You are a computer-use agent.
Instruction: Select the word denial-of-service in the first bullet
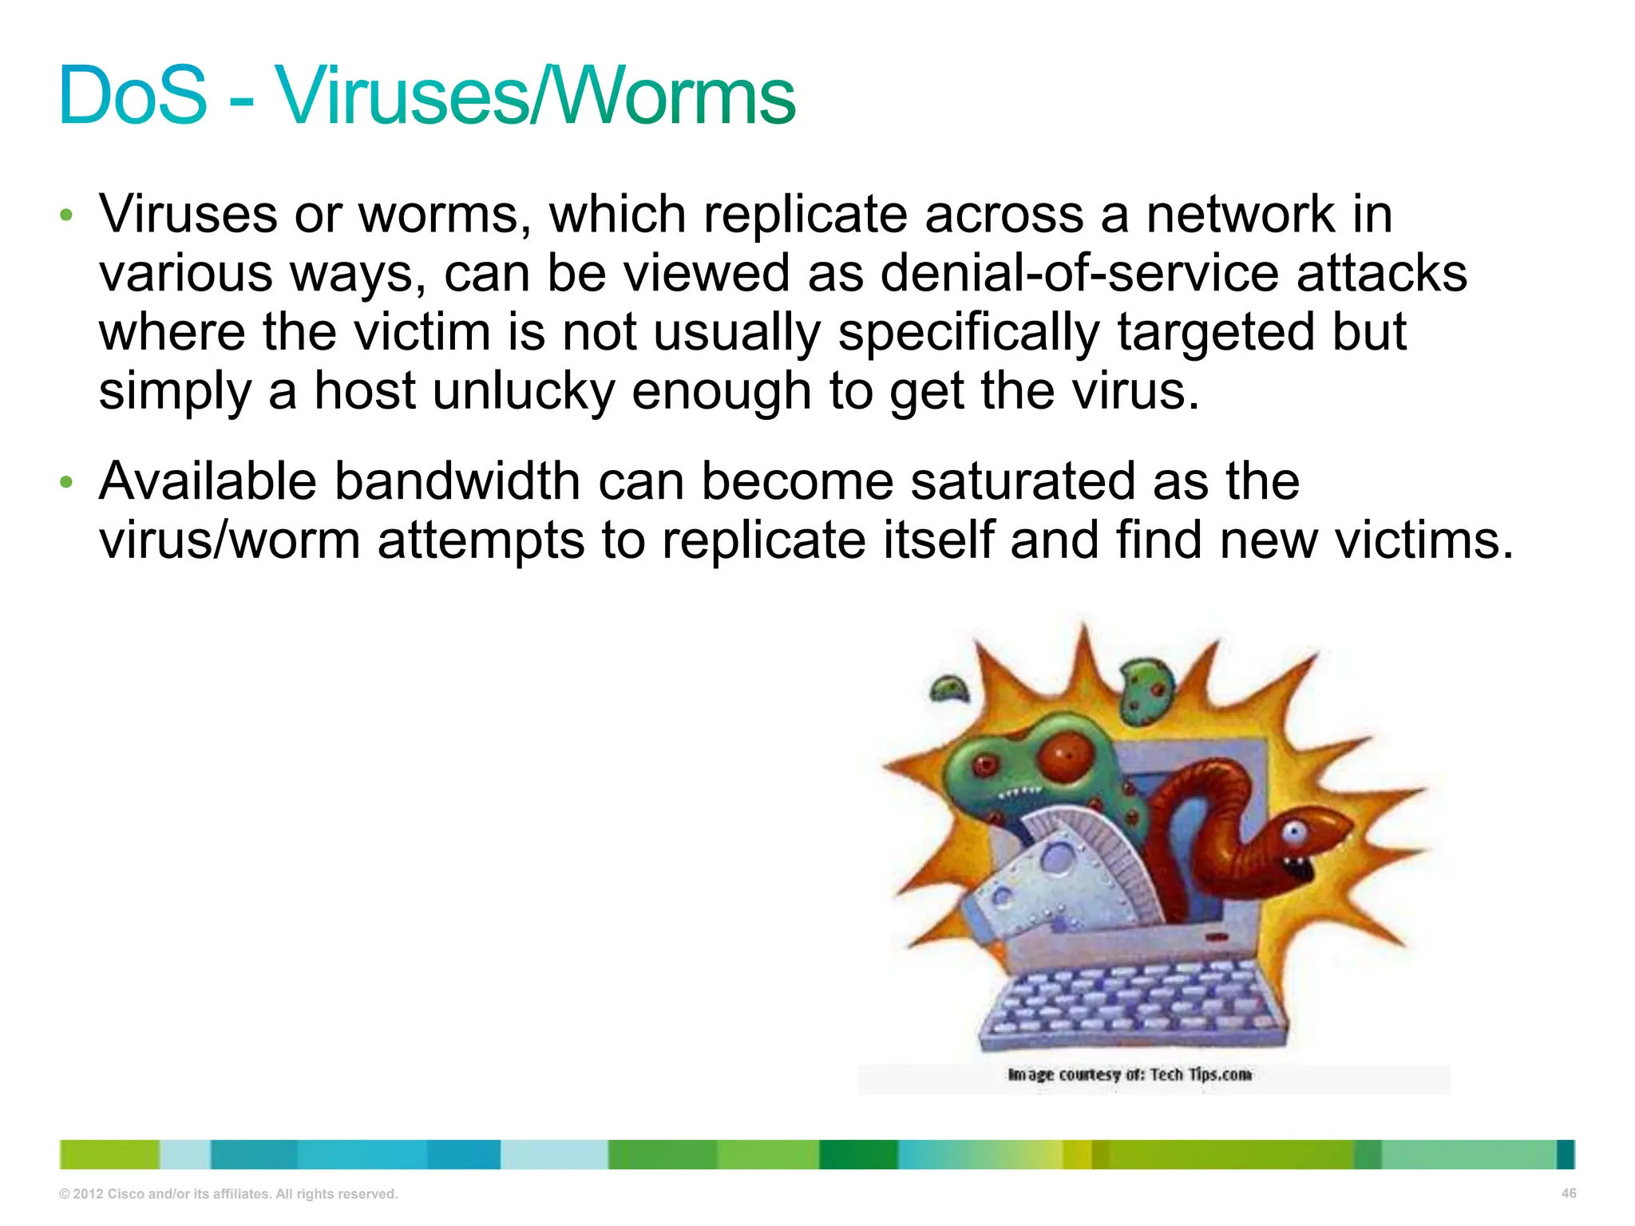1079,273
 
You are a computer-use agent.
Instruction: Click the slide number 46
1568,1193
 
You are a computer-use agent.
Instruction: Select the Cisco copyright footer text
228,1194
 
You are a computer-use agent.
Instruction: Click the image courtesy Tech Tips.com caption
1129,1074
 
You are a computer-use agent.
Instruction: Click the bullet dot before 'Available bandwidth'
67,483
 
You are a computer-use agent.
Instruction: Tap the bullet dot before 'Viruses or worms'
67,216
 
